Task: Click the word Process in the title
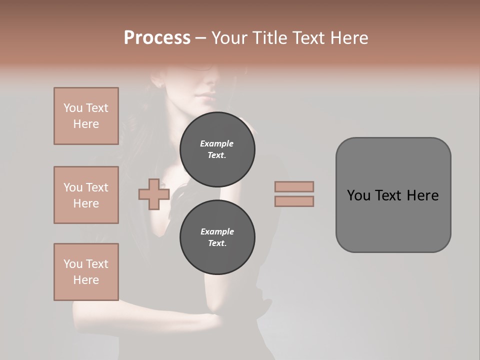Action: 157,38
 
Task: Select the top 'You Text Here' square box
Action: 86,116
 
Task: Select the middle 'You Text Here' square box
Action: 86,195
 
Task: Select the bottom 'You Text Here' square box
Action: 86,271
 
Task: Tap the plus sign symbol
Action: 154,194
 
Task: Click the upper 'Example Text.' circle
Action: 217,149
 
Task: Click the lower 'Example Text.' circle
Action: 217,237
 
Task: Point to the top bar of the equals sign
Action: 294,186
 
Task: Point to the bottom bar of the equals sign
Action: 294,201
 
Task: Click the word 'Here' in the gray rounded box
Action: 422,195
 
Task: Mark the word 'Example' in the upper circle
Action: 217,143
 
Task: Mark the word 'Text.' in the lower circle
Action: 217,243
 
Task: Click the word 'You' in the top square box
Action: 72,108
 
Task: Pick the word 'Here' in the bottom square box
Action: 86,280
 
